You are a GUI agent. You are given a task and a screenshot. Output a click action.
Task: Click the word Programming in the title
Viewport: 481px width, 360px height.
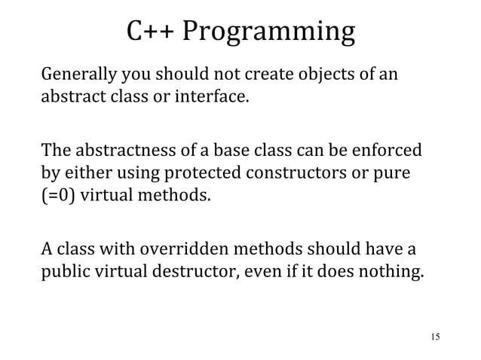coord(268,34)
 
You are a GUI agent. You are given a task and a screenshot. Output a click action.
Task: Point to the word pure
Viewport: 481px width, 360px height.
coord(393,174)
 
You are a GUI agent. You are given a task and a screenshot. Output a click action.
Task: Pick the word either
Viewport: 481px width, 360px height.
coord(84,174)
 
